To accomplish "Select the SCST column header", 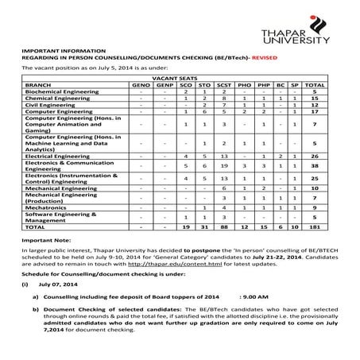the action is pyautogui.click(x=226, y=83).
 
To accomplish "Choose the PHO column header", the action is pyautogui.click(x=246, y=83).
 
